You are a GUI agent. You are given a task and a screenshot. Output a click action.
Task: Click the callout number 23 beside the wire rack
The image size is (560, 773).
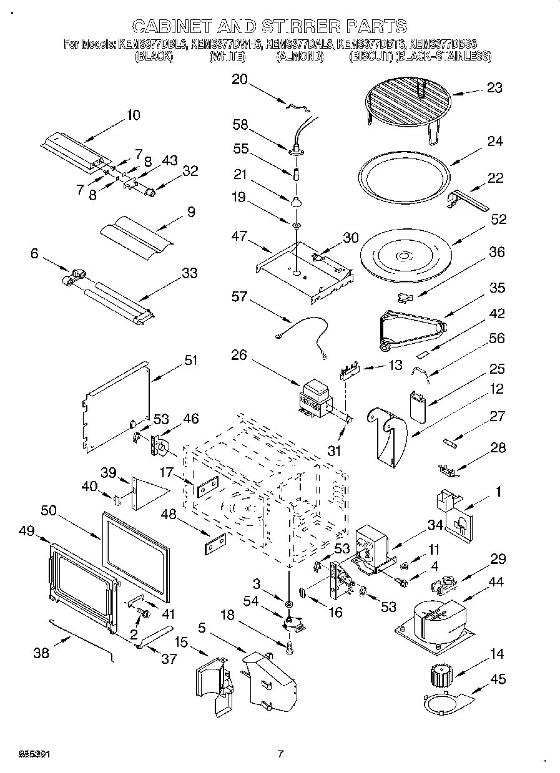[494, 88]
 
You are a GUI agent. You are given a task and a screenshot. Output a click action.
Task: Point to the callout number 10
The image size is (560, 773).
[133, 115]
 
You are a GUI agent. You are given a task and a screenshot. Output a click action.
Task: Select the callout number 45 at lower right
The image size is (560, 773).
[498, 679]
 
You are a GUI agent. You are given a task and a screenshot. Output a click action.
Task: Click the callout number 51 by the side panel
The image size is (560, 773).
[190, 360]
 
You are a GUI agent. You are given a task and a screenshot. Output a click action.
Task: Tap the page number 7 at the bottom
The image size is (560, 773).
[280, 753]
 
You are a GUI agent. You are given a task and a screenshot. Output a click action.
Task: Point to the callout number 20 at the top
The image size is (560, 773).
[240, 79]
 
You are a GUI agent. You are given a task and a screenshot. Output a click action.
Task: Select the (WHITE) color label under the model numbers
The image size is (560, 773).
[227, 56]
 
